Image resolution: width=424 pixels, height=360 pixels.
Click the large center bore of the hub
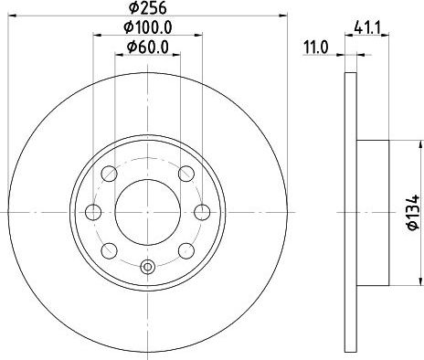pyautogui.click(x=146, y=212)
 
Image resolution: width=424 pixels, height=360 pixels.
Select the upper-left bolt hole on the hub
pyautogui.click(x=108, y=174)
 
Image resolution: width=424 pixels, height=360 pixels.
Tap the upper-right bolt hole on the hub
pyautogui.click(x=186, y=174)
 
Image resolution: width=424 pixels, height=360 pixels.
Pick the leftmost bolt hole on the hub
pyautogui.click(x=92, y=212)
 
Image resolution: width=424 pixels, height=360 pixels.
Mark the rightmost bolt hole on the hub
pyautogui.click(x=201, y=212)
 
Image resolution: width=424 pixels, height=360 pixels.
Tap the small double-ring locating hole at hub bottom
pyautogui.click(x=146, y=267)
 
